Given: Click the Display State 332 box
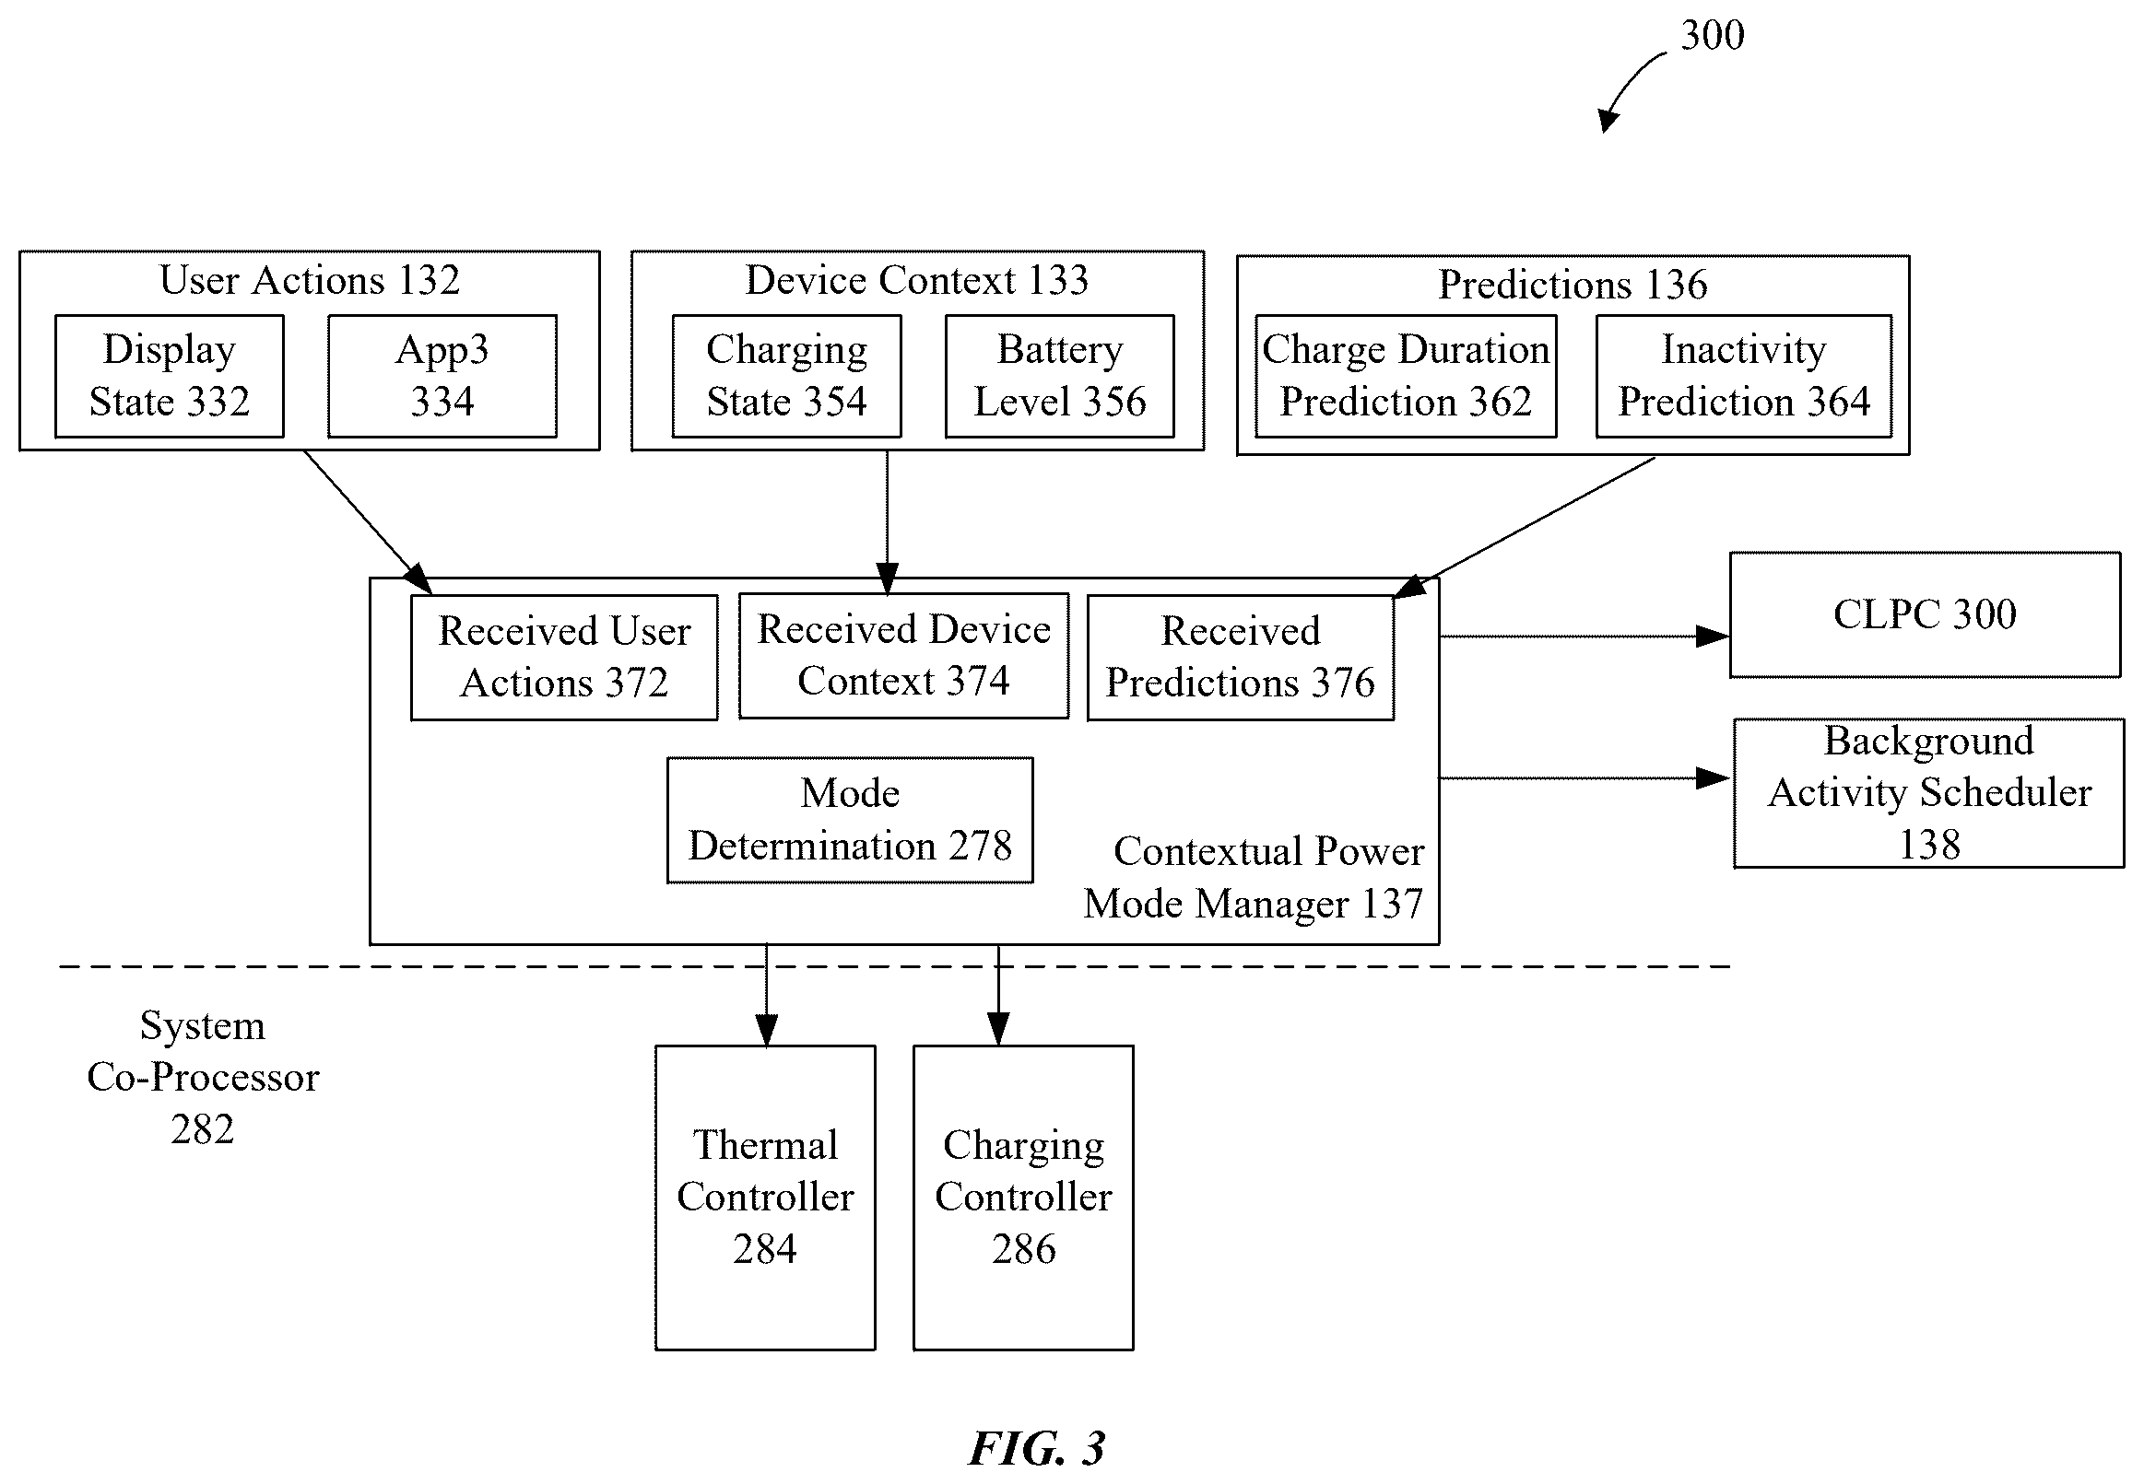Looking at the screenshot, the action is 170,376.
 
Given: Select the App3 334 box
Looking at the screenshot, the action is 442,376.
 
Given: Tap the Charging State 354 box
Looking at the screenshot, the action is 787,376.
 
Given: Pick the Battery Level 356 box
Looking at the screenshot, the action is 1059,376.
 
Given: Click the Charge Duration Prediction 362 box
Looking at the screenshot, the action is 1406,376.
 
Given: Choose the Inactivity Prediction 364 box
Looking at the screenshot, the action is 1744,376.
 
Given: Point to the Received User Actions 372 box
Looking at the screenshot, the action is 565,658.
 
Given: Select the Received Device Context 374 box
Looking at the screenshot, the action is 904,656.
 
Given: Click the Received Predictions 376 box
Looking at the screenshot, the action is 1241,658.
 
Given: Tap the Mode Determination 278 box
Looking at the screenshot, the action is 850,820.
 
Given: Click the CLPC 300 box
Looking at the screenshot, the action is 1926,614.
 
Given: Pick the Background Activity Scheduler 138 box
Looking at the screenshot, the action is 1929,793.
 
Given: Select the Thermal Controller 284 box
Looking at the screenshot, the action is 765,1198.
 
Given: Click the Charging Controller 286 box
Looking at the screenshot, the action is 1023,1198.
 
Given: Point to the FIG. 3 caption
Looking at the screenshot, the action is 1037,1448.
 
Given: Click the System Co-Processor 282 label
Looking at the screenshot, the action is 203,1078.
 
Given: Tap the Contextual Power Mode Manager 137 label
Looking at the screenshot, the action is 1254,878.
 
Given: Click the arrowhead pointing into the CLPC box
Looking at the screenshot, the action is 1714,637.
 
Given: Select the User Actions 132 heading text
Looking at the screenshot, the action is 310,280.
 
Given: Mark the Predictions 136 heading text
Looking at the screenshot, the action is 1573,285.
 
